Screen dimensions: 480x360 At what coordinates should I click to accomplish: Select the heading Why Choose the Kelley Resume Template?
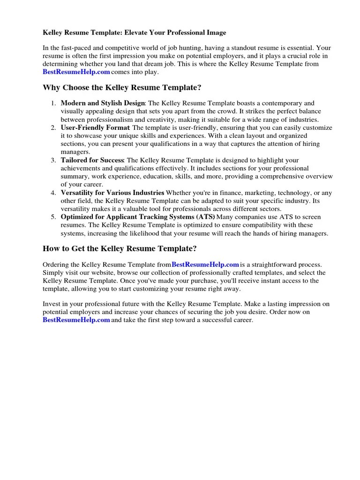122,87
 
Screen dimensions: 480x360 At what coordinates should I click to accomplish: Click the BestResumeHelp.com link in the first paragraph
76,72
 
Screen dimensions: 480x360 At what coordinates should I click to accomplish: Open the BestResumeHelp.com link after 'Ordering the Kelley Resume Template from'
206,265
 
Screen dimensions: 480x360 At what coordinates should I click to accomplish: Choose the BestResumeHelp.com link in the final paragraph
76,320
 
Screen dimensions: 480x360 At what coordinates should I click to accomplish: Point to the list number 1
53,103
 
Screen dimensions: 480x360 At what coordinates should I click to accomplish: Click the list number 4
53,193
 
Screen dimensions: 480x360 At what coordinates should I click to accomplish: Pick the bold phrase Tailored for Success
92,160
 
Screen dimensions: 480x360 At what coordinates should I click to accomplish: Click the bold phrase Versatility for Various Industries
112,193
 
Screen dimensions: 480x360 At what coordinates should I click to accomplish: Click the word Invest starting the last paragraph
52,304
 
